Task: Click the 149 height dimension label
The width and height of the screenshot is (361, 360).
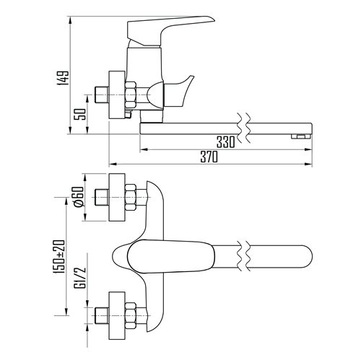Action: pyautogui.click(x=63, y=78)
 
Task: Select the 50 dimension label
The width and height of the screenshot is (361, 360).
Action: pyautogui.click(x=81, y=115)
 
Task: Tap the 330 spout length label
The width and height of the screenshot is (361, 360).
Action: pyautogui.click(x=225, y=142)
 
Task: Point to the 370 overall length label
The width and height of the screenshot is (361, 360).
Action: pyautogui.click(x=209, y=157)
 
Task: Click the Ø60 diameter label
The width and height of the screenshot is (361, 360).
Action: pyautogui.click(x=79, y=197)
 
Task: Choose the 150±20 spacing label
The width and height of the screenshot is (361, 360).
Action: pyautogui.click(x=59, y=257)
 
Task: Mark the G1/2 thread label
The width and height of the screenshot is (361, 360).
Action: pyautogui.click(x=81, y=277)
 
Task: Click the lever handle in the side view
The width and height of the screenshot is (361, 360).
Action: pyautogui.click(x=170, y=30)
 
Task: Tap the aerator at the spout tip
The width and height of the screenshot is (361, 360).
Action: pyautogui.click(x=301, y=136)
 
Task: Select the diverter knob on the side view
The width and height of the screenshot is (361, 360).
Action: pyautogui.click(x=179, y=92)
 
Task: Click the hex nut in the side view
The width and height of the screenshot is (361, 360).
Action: pyautogui.click(x=131, y=95)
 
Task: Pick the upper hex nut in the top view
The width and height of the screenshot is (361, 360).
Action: pyautogui.click(x=131, y=198)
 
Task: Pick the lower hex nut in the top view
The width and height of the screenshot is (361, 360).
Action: pyautogui.click(x=131, y=315)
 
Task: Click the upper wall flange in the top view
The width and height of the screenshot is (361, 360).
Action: pyautogui.click(x=117, y=197)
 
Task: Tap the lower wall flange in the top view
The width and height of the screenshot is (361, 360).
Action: pyautogui.click(x=117, y=315)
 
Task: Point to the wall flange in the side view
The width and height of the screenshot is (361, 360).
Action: pyautogui.click(x=117, y=95)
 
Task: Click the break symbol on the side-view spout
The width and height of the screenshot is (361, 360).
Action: pyautogui.click(x=244, y=128)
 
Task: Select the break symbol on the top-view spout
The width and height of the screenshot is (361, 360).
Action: pyautogui.click(x=244, y=255)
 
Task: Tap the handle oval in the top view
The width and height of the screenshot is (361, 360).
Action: pyautogui.click(x=170, y=256)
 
